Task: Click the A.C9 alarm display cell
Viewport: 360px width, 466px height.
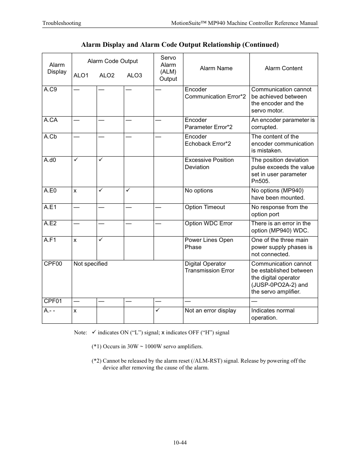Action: point(50,90)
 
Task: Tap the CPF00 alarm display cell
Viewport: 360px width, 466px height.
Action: point(53,264)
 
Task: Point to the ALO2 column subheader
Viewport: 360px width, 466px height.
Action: point(107,75)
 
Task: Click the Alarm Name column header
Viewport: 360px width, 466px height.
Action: point(216,68)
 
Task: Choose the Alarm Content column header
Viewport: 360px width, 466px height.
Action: point(283,68)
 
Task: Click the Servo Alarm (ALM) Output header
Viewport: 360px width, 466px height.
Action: point(168,68)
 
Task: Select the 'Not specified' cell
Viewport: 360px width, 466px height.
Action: point(91,264)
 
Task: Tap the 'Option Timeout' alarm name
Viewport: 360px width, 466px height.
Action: point(205,207)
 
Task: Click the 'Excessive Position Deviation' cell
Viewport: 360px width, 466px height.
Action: point(209,164)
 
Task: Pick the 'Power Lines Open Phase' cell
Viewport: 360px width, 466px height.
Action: point(209,244)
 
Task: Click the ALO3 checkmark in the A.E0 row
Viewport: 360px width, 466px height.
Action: point(128,191)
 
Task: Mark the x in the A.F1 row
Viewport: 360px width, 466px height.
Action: point(75,240)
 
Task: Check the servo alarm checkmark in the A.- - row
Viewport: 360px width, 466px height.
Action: point(158,310)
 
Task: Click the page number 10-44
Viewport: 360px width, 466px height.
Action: point(180,443)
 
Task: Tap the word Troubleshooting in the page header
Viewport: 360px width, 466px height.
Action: point(62,23)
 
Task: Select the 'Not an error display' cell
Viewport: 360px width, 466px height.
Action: point(211,311)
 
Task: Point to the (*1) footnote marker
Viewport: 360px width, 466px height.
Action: point(96,346)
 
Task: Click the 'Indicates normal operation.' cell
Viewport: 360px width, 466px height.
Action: point(273,314)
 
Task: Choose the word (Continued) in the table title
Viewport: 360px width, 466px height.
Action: point(260,45)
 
